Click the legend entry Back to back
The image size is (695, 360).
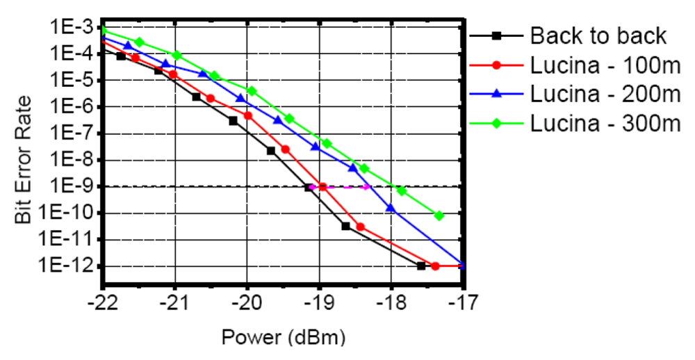pos(598,36)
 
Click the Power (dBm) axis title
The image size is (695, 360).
pos(283,338)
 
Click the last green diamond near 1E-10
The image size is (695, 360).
pos(439,215)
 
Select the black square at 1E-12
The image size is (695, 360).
pos(421,266)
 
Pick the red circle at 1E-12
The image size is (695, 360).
pos(435,266)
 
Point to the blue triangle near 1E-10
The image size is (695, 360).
pos(391,207)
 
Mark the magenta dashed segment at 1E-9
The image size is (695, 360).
pos(341,186)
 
